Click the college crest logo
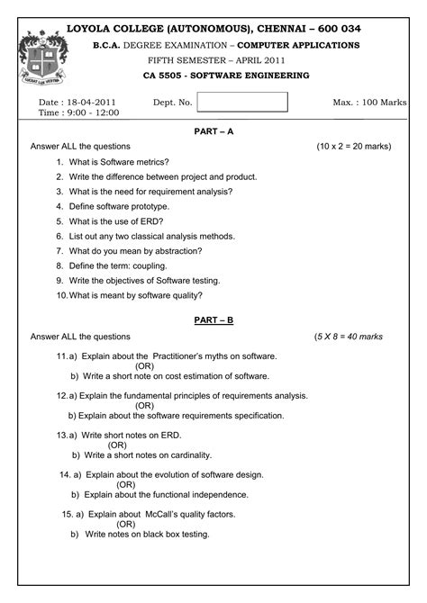pyautogui.click(x=38, y=58)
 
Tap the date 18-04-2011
pyautogui.click(x=91, y=103)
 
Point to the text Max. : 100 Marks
pyautogui.click(x=369, y=103)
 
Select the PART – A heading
pyautogui.click(x=213, y=131)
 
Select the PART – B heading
pyautogui.click(x=213, y=319)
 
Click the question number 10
pyautogui.click(x=61, y=295)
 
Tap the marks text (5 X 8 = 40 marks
pyautogui.click(x=348, y=337)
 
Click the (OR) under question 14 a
pyautogui.click(x=126, y=484)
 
